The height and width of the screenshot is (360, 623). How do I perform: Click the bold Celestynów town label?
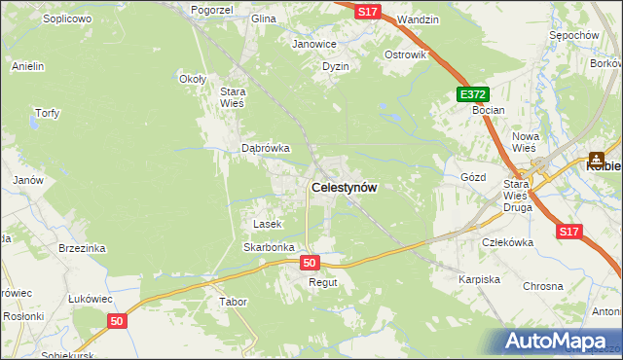[x=344, y=188]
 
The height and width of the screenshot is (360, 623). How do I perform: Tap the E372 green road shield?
[x=473, y=94]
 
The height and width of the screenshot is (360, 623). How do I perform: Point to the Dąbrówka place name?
[x=266, y=149]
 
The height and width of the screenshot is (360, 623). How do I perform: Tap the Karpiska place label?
[x=479, y=279]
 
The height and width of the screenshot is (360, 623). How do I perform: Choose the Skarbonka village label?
[x=269, y=247]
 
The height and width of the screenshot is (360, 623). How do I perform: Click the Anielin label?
[x=28, y=66]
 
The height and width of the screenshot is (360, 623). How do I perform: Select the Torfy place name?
[x=48, y=113]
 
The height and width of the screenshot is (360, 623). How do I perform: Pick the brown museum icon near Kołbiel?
[x=596, y=157]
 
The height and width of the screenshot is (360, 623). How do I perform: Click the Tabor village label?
[x=234, y=302]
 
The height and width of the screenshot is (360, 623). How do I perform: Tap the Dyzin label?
[x=336, y=66]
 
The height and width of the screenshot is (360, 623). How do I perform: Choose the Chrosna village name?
[x=543, y=286]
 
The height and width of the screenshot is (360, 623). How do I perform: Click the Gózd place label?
[x=472, y=178]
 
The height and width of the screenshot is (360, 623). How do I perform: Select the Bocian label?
[x=489, y=110]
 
